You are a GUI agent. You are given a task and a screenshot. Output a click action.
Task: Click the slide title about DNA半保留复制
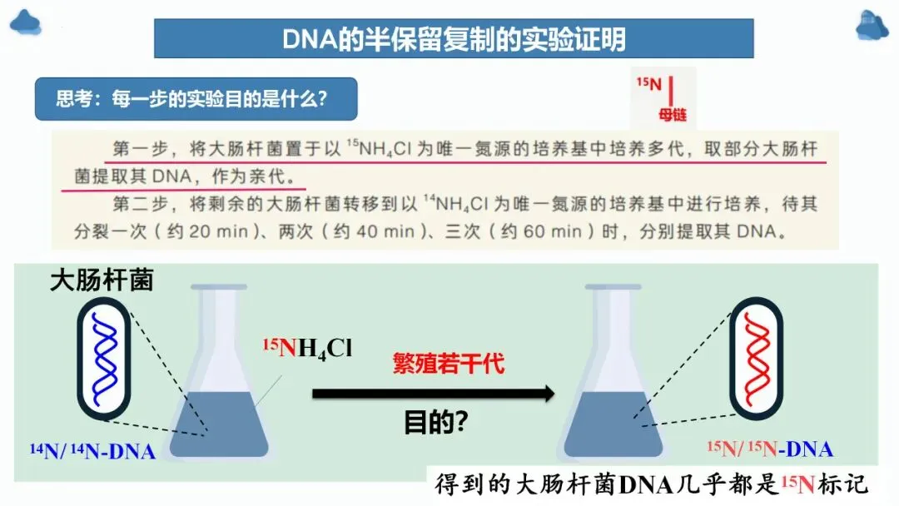454,38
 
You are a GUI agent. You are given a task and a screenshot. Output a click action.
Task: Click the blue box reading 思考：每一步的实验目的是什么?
195,99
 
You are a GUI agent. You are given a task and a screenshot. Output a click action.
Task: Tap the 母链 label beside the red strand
673,115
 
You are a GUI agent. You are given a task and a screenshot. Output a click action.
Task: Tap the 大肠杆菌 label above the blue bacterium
102,280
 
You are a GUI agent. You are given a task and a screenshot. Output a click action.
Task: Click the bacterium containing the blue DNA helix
104,357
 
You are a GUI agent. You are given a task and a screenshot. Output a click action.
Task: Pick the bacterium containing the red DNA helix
757,357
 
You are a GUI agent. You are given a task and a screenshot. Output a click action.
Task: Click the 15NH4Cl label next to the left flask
307,348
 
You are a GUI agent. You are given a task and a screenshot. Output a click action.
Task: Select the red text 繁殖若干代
449,364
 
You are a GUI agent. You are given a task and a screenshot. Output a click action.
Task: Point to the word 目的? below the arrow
435,423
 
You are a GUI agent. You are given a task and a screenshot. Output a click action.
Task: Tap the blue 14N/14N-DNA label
93,452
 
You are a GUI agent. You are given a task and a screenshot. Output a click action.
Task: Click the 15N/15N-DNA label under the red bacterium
770,449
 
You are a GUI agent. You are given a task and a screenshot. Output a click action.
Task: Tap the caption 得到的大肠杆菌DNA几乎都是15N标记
653,484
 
